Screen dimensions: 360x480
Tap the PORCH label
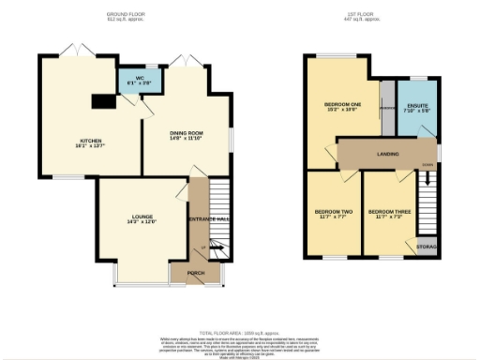196,273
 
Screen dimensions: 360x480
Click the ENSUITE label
416,107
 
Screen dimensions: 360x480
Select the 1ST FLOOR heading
360,15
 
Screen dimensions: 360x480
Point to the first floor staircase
427,201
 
